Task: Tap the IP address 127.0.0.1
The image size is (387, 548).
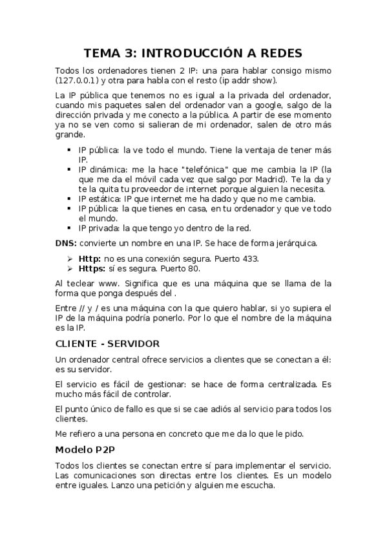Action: click(77, 80)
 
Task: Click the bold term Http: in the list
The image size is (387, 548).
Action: click(90, 258)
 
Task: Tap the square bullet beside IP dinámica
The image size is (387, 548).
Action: click(68, 169)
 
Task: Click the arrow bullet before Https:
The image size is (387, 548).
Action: click(68, 268)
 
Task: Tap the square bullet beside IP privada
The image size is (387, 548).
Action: click(68, 227)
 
